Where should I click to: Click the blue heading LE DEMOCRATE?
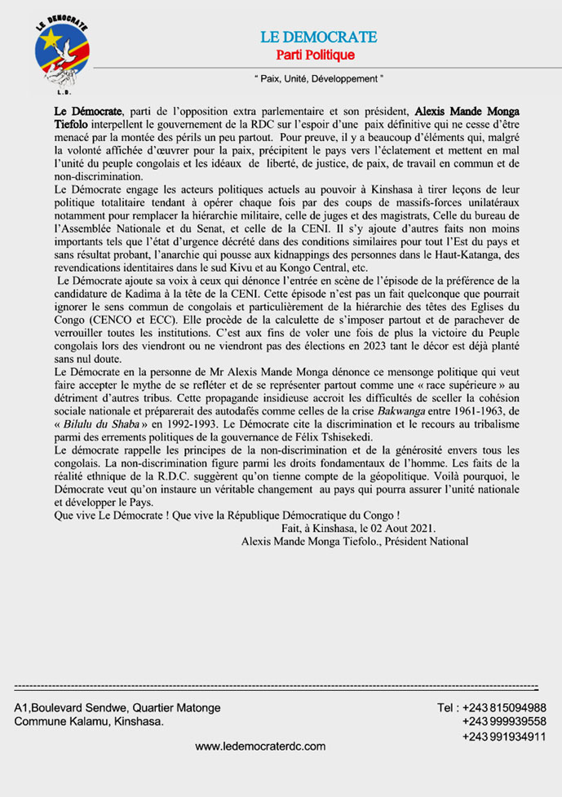click(318, 38)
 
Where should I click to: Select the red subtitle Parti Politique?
click(317, 55)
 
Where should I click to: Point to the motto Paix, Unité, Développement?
click(317, 79)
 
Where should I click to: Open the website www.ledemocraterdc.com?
click(261, 746)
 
